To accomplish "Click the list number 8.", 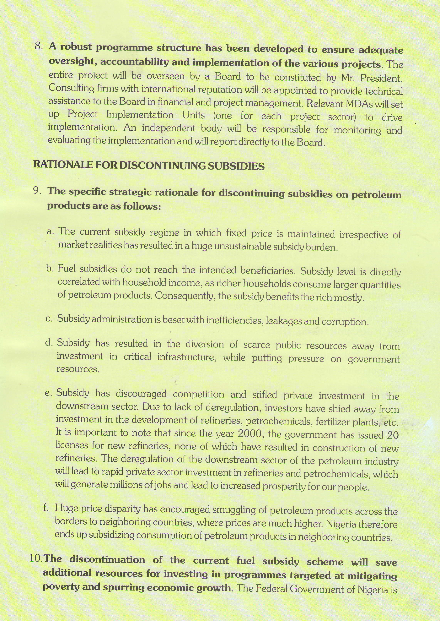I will click(x=39, y=46).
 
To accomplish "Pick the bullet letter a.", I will click(x=50, y=232).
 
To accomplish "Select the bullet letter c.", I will click(x=49, y=319).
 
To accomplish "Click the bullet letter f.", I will click(x=46, y=507).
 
